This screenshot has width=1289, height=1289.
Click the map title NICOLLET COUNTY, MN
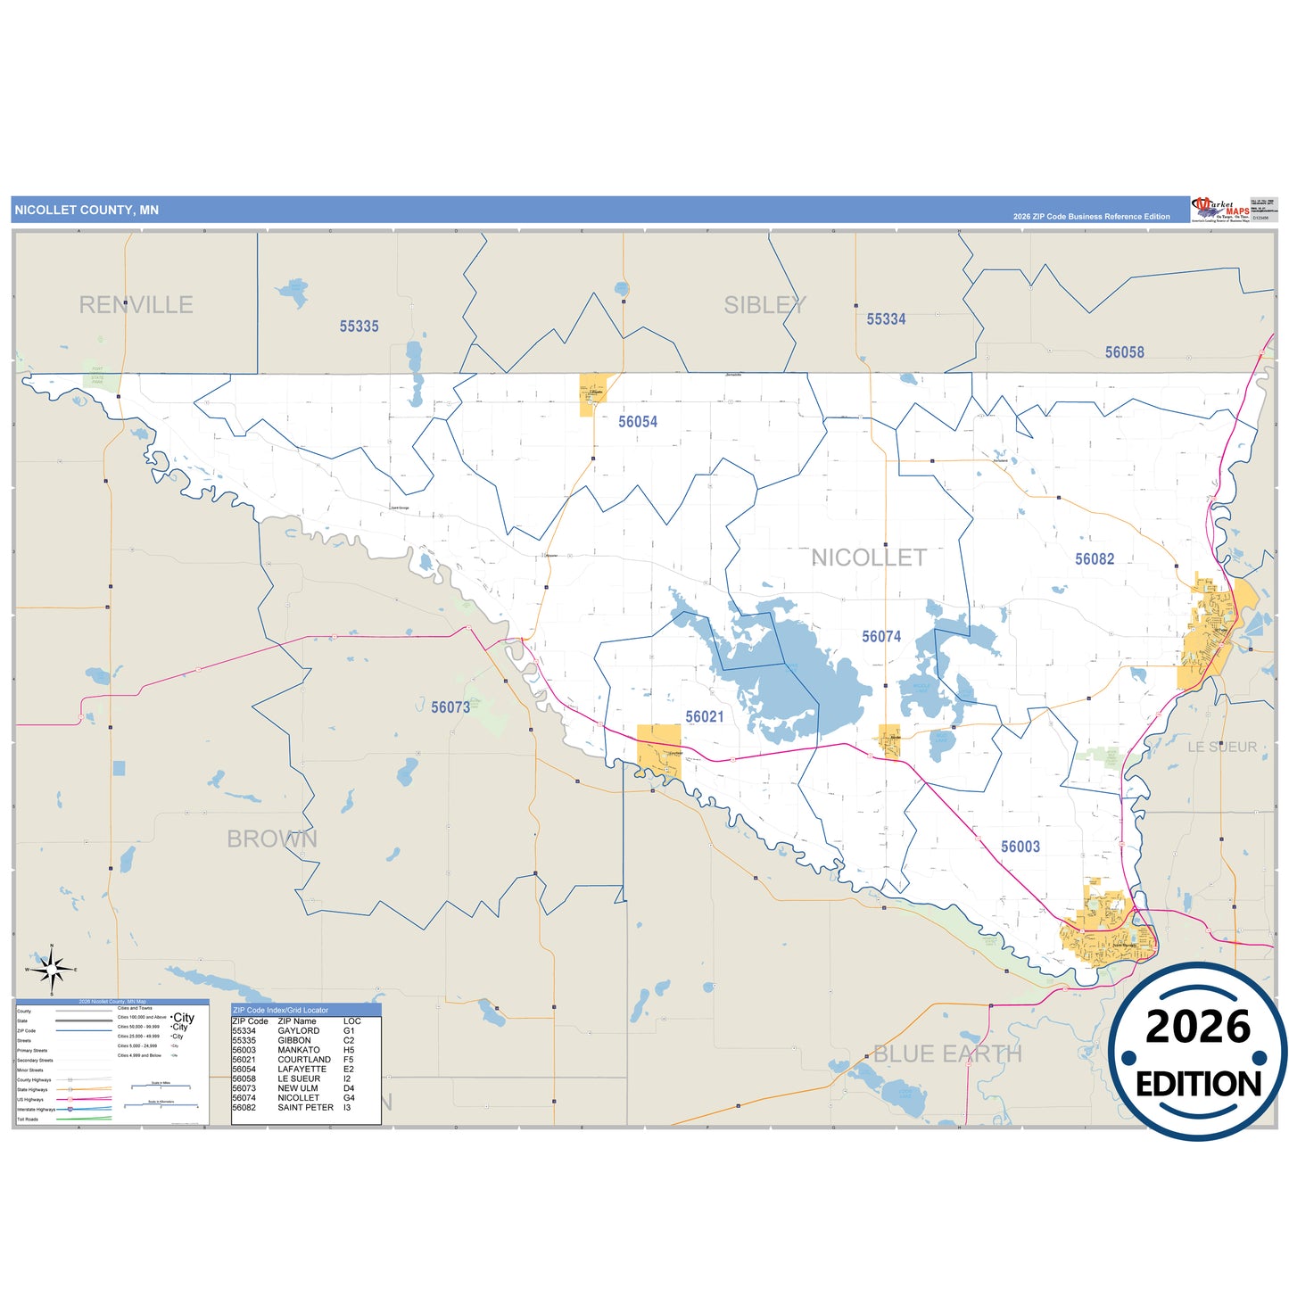(87, 211)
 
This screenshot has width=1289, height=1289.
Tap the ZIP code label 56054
(638, 422)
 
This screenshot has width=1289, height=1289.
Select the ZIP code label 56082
(1094, 559)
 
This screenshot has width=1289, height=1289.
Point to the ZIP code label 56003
(1020, 847)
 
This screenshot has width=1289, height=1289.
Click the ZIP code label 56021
(704, 717)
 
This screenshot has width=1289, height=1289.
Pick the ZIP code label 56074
(880, 637)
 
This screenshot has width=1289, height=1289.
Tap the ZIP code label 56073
(450, 707)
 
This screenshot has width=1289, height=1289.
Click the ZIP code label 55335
(359, 326)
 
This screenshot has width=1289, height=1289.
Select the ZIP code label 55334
(886, 319)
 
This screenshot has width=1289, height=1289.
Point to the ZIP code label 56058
(1124, 352)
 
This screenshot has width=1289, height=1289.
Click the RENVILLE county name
(136, 305)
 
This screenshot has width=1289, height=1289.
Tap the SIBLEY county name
(764, 305)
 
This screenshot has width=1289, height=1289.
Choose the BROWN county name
(272, 839)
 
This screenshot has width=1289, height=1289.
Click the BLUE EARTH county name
(947, 1054)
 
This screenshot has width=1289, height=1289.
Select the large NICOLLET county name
(869, 558)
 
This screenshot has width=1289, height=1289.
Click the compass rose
(52, 969)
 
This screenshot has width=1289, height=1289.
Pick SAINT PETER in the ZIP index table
(305, 1108)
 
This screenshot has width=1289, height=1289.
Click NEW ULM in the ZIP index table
(297, 1088)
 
